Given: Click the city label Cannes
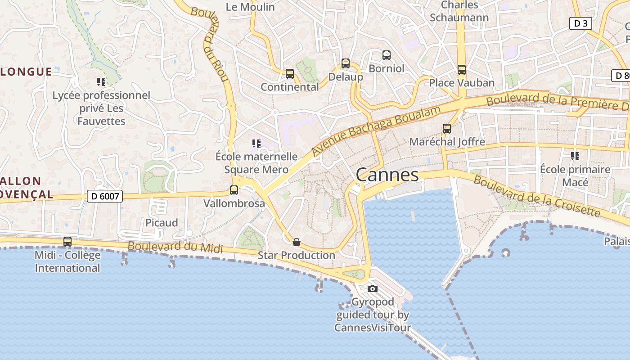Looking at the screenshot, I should coord(387,175).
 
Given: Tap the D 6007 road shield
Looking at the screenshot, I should coord(104,196).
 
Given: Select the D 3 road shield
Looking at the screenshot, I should coord(580,23).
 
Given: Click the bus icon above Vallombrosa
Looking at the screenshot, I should coord(234,190).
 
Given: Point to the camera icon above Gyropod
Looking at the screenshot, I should coord(372,288).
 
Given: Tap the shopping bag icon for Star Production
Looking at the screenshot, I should coord(296,242).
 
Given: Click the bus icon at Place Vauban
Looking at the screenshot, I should coord(462,70).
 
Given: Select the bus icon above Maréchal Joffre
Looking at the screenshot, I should coord(447,129).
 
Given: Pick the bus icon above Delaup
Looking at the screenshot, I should coord(346,63).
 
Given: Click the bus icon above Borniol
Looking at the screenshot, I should coord(387,55).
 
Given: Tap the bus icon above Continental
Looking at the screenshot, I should coord(290,73).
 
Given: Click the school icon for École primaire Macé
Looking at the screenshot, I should coord(575,156).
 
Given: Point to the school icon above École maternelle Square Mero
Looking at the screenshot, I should coord(256,144).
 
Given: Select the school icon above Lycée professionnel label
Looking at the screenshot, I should coord(101,82).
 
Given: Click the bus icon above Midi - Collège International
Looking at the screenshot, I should coord(67,242).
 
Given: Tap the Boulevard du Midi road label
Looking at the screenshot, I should coord(175,247).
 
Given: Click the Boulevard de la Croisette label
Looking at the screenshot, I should coord(536,196).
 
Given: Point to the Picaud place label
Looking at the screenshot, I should coord(162,223).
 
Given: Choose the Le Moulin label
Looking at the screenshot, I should coord(250,7).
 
